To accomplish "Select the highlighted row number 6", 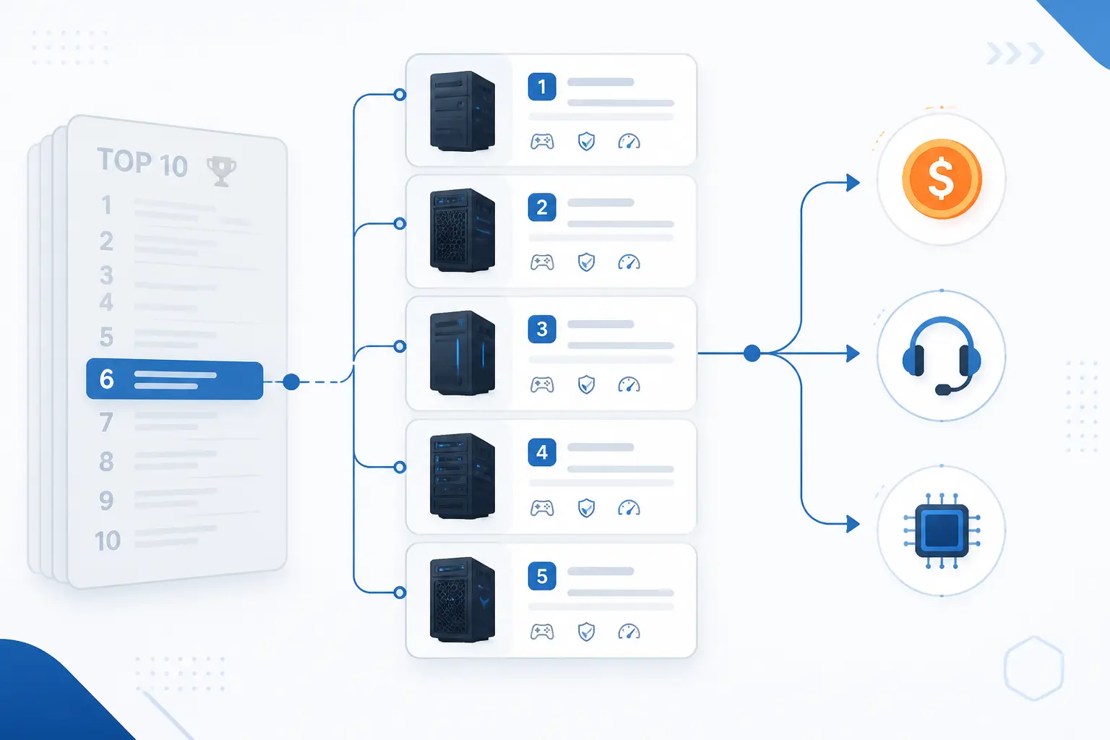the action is pyautogui.click(x=174, y=379).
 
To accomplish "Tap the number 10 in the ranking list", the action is pyautogui.click(x=108, y=541).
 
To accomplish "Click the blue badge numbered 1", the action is pyautogui.click(x=541, y=87).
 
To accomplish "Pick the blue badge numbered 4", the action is pyautogui.click(x=541, y=452).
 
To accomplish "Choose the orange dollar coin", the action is pyautogui.click(x=942, y=178).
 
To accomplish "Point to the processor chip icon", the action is pyautogui.click(x=942, y=530).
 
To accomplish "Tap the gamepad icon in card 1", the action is pyautogui.click(x=542, y=142).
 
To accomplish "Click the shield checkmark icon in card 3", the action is pyautogui.click(x=586, y=384).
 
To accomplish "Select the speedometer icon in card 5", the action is pyautogui.click(x=629, y=632).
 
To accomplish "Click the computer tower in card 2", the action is pyautogui.click(x=462, y=230).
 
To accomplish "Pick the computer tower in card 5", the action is pyautogui.click(x=462, y=600).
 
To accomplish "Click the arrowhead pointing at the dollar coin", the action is pyautogui.click(x=853, y=182).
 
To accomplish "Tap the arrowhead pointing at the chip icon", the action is pyautogui.click(x=853, y=523).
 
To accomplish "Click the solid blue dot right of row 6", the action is pyautogui.click(x=291, y=382).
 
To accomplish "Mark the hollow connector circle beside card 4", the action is pyautogui.click(x=400, y=467).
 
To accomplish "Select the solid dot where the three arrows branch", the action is pyautogui.click(x=752, y=353).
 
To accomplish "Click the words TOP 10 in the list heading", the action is pyautogui.click(x=142, y=162).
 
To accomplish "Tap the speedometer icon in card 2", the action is pyautogui.click(x=629, y=262).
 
